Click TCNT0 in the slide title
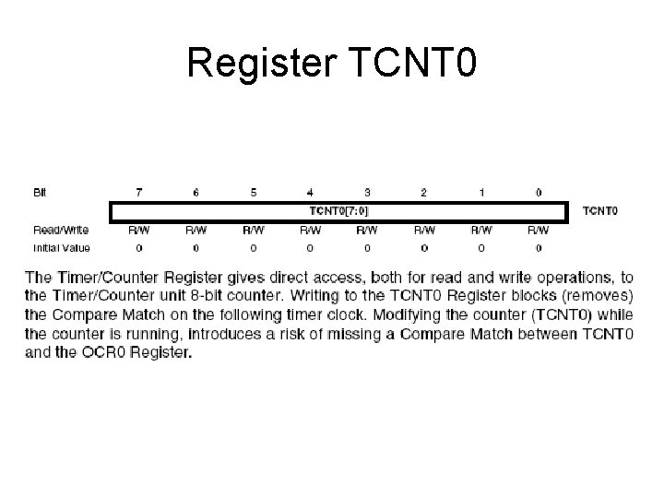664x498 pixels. [x=415, y=63]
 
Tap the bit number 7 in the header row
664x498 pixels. [x=139, y=193]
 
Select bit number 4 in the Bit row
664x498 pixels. [x=310, y=193]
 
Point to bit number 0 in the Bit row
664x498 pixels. [x=539, y=193]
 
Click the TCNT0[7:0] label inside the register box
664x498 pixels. [x=338, y=210]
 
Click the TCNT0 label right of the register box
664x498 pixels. [x=600, y=211]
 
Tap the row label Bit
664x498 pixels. [x=40, y=193]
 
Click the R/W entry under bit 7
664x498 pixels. [x=139, y=230]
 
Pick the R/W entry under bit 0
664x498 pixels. [x=539, y=230]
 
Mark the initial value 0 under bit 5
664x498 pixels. [x=253, y=247]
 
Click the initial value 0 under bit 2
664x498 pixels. [x=424, y=247]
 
